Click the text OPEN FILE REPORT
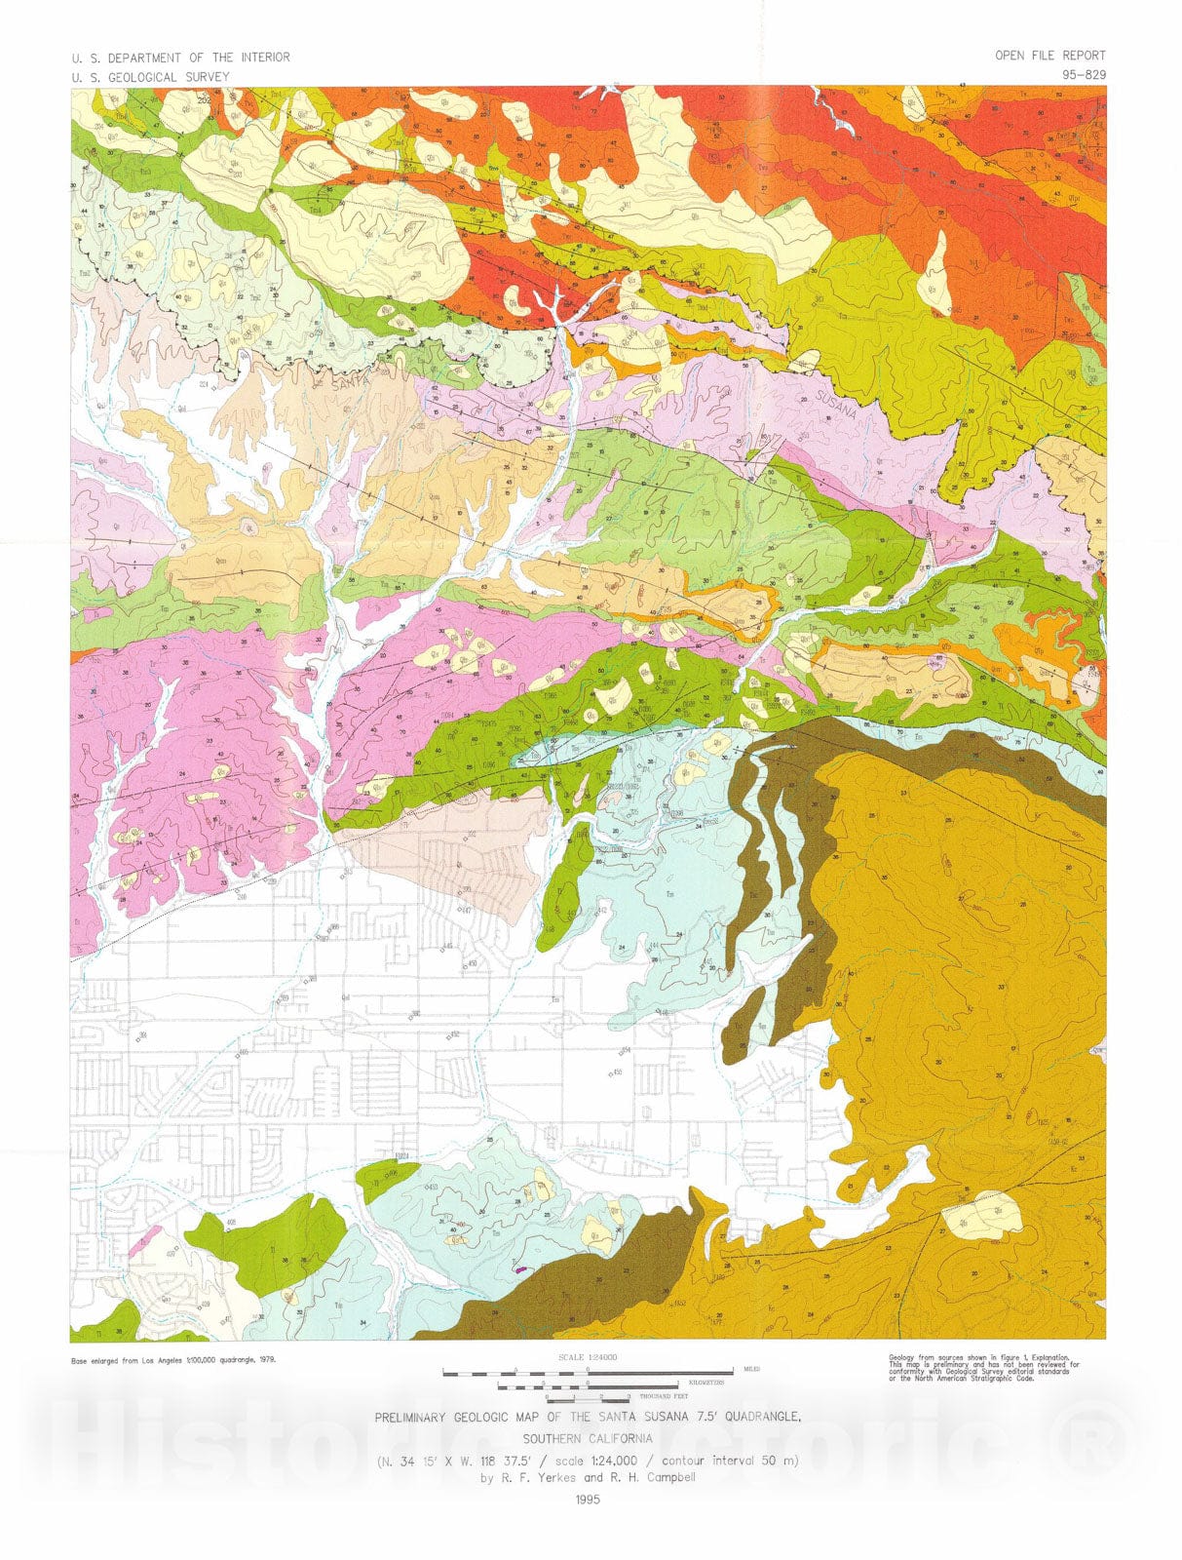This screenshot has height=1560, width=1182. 1049,56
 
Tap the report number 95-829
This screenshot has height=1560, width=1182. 1084,74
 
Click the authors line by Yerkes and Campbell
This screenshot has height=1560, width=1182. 588,1477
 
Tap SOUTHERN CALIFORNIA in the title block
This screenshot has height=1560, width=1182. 588,1438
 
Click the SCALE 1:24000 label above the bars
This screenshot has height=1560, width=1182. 588,1357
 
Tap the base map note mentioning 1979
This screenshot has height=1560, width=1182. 172,1360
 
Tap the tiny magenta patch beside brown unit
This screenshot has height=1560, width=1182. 519,1268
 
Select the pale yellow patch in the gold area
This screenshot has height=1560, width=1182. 981,1217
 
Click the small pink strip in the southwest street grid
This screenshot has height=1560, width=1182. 143,1235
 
